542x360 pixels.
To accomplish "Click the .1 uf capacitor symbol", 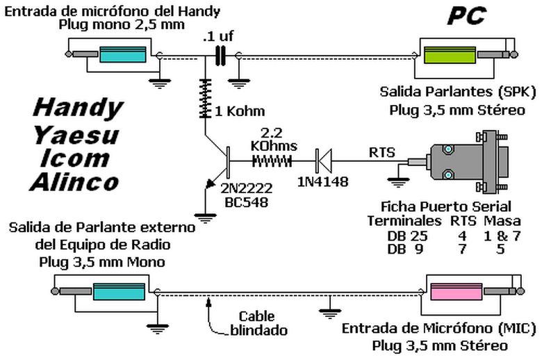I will pyautogui.click(x=222, y=56).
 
